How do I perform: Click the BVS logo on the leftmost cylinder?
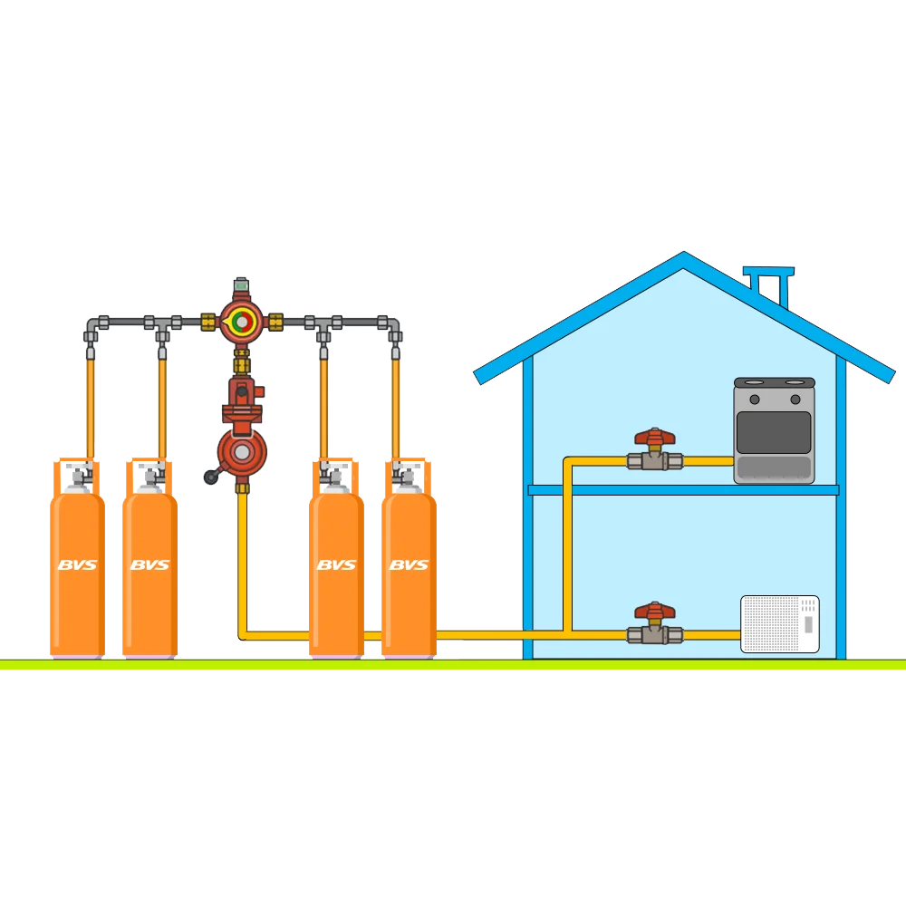(77, 564)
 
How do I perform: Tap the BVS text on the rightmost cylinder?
(410, 564)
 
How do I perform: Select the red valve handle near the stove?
(655, 437)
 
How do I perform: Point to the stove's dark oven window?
(774, 432)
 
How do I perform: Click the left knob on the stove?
(754, 400)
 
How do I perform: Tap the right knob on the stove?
(795, 400)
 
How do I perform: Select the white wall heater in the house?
(779, 624)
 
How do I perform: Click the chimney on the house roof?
(769, 286)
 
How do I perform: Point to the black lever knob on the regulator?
(210, 477)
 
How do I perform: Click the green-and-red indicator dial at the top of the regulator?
(242, 322)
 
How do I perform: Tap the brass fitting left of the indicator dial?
(208, 322)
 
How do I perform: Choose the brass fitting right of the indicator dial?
(275, 322)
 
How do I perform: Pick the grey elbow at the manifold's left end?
(92, 327)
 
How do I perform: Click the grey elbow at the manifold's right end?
(392, 327)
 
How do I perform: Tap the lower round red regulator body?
(242, 452)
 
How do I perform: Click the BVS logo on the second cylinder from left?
(149, 564)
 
